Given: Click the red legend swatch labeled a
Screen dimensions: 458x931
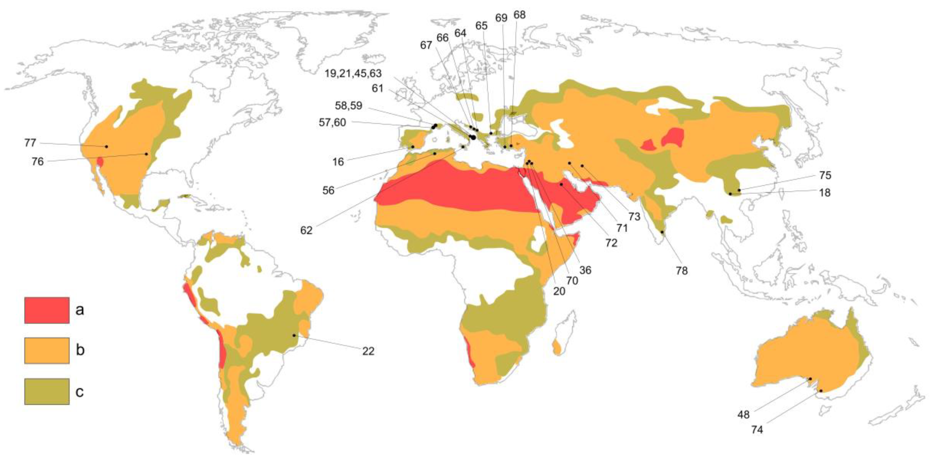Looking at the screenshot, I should pos(47,310).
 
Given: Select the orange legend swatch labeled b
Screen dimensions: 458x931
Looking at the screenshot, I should pos(47,350).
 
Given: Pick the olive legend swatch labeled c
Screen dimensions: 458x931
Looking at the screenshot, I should pos(47,391).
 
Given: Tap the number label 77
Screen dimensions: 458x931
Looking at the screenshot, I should pos(30,143).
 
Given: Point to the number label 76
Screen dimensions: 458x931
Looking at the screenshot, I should pos(38,161).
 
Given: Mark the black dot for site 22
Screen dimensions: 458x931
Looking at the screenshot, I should pos(294,335).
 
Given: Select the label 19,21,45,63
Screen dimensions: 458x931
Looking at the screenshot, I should pos(353,73).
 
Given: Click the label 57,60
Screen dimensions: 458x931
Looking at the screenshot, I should pos(332,122).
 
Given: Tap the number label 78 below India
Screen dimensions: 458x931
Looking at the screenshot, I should pos(682,270).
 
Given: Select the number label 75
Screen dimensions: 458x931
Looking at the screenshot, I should pos(825,175).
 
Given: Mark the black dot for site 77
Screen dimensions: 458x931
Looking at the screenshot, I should pos(106,147).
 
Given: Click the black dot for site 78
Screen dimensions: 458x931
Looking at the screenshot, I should pos(662,232).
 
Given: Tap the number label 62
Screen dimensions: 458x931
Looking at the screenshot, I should pos(306,230).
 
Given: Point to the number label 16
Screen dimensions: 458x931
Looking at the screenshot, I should pos(338,162).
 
